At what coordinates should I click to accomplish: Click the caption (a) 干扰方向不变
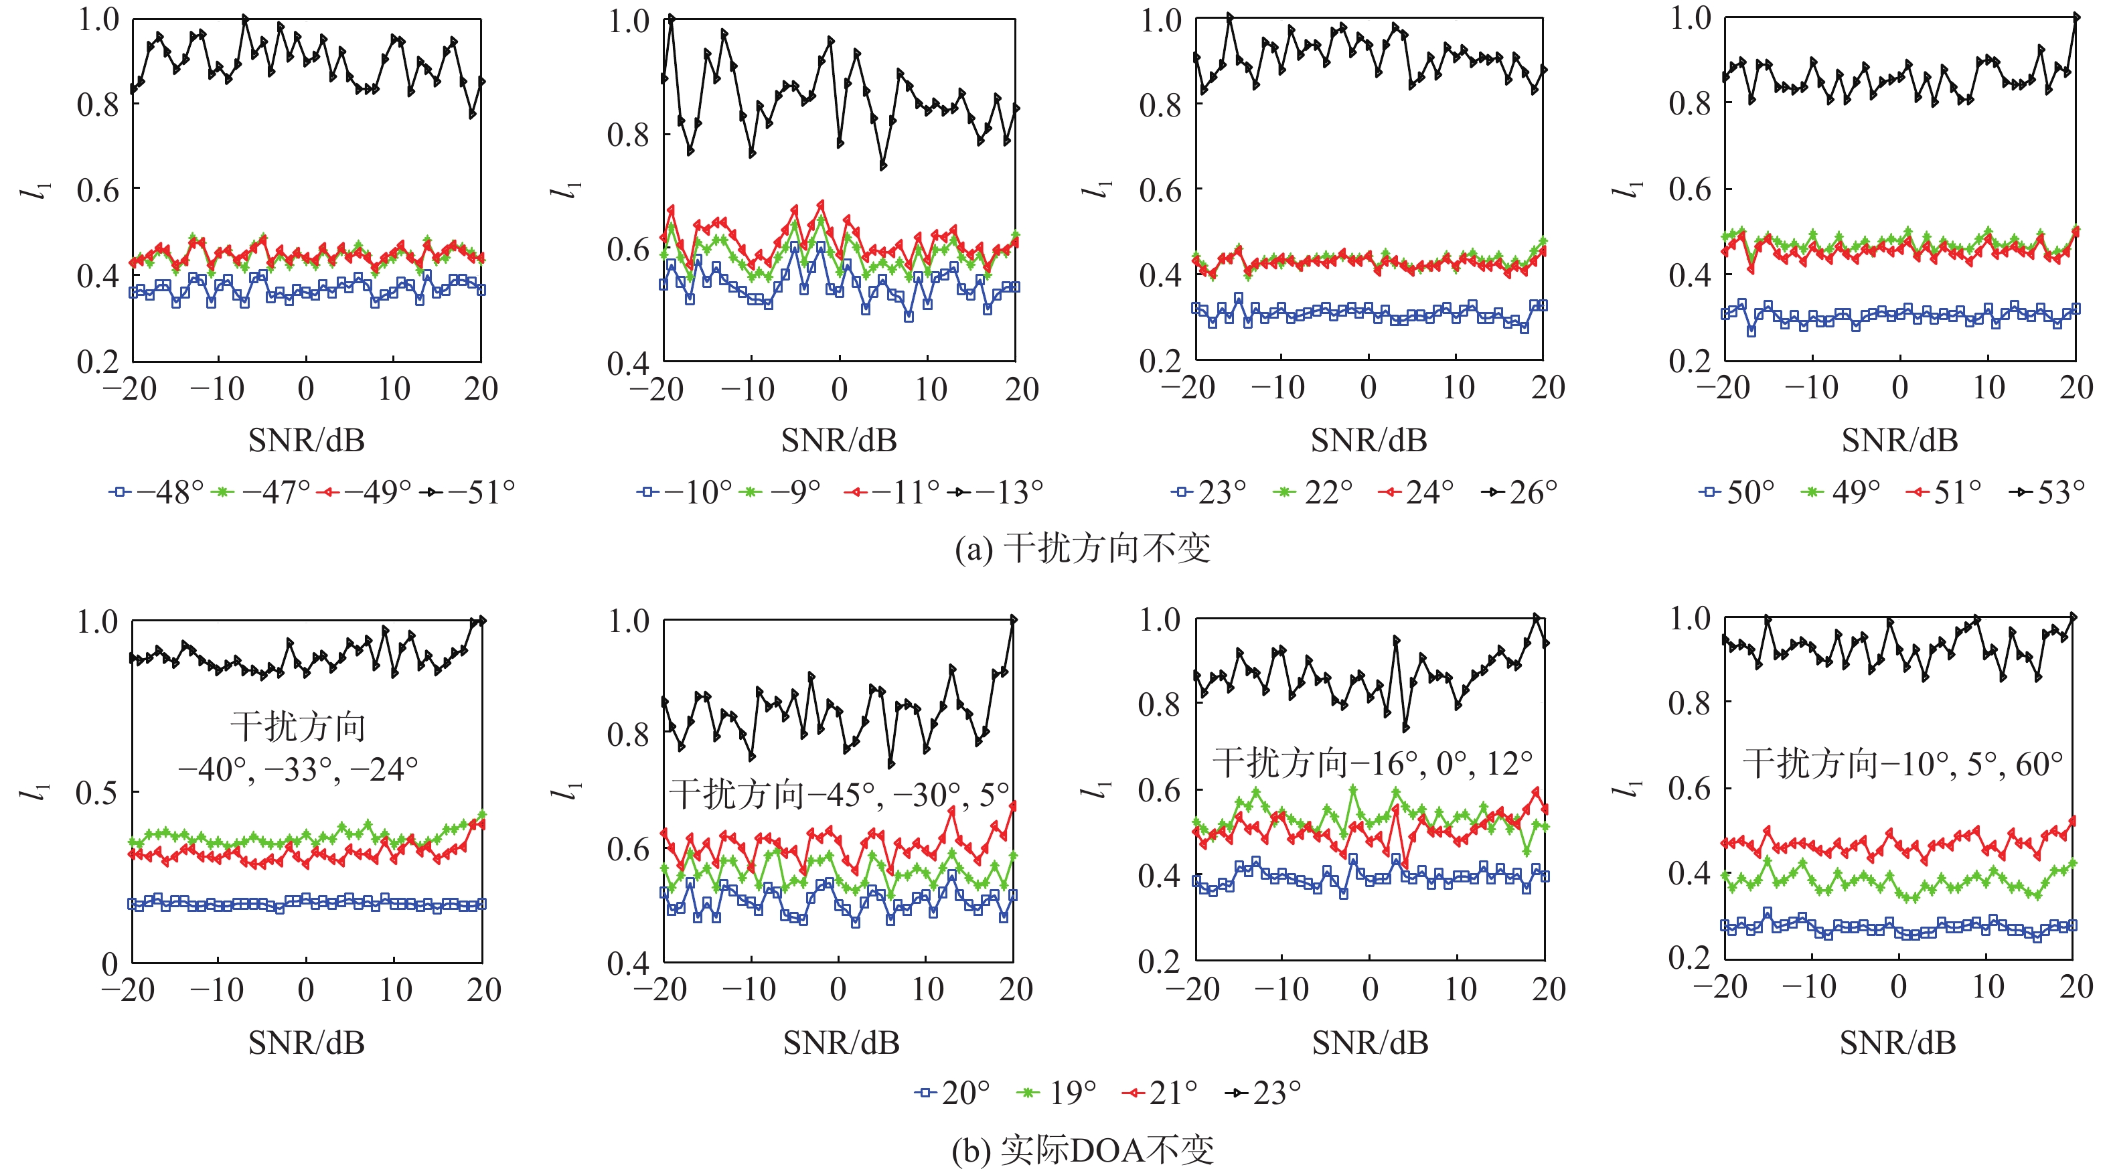coord(1083,548)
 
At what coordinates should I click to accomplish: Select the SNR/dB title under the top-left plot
coord(306,441)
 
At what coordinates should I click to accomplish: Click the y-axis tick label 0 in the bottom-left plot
coord(110,964)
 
